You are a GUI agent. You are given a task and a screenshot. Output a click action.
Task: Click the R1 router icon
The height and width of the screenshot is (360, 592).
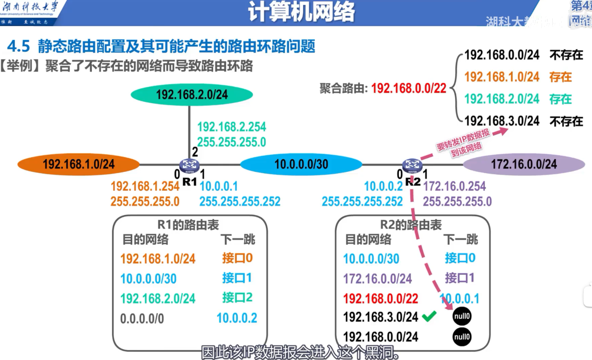[190, 165]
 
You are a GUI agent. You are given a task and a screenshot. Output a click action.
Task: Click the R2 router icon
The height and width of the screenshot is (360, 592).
[412, 165]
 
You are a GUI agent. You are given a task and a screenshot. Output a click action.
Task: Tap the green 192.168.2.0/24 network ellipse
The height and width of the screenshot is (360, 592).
[191, 94]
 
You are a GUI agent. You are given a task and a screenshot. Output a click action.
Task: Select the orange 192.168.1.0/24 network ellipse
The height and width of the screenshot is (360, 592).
[79, 164]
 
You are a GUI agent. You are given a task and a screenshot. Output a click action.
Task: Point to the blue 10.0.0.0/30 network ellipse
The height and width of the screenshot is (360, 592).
[301, 164]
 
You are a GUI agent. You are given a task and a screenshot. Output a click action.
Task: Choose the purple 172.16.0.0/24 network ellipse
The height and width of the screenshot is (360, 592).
[523, 164]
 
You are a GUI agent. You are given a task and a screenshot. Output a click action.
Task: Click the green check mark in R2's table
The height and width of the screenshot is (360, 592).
[429, 316]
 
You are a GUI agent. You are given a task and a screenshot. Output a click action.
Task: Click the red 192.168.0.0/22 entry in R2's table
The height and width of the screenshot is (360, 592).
[381, 298]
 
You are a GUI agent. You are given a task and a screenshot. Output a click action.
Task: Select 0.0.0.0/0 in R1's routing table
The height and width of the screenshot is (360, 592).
[142, 318]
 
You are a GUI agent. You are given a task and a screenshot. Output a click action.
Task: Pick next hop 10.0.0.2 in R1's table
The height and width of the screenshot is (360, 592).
[237, 318]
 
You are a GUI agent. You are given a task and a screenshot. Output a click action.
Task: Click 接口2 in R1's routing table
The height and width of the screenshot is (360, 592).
[237, 297]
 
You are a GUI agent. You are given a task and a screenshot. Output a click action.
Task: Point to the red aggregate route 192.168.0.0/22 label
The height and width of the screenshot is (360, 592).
[409, 88]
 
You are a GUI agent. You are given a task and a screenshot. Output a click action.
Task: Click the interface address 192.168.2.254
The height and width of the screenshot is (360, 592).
[232, 127]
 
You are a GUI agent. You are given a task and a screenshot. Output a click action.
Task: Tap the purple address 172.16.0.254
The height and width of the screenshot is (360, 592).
[454, 186]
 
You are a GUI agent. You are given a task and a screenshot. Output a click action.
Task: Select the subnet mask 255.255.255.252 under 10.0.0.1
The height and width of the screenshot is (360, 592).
[240, 201]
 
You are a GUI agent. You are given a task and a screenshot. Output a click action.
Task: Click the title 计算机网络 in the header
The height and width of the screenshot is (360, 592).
[302, 13]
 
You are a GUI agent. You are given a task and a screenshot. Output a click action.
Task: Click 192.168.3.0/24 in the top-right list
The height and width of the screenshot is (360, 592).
[502, 121]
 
